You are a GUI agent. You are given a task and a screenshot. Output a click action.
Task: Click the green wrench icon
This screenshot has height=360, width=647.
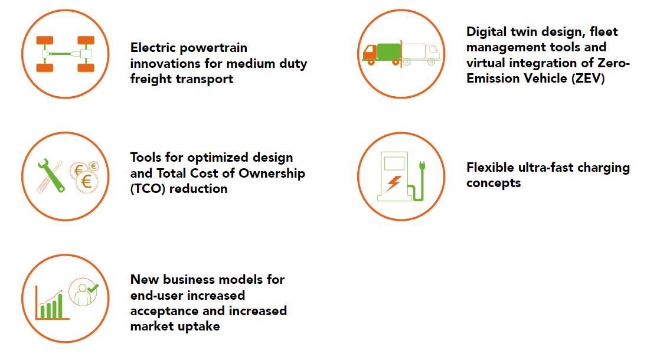51,176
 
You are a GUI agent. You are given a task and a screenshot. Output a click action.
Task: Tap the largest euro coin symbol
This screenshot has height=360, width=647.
87,181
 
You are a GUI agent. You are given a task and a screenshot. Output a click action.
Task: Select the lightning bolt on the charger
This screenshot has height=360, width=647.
393,183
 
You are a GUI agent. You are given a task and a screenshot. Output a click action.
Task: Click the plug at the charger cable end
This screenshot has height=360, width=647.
421,166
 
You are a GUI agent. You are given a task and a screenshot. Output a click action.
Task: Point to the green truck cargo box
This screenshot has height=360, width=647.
388,52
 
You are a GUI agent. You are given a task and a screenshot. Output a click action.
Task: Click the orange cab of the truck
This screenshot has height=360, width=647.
369,53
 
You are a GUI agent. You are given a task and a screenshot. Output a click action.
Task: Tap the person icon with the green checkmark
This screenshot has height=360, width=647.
84,292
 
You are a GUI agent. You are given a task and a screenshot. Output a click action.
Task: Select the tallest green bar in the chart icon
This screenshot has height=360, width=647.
60,306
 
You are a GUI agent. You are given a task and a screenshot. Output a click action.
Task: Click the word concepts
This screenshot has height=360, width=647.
494,184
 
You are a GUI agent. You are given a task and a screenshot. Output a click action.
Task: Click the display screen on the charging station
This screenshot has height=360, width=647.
394,163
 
